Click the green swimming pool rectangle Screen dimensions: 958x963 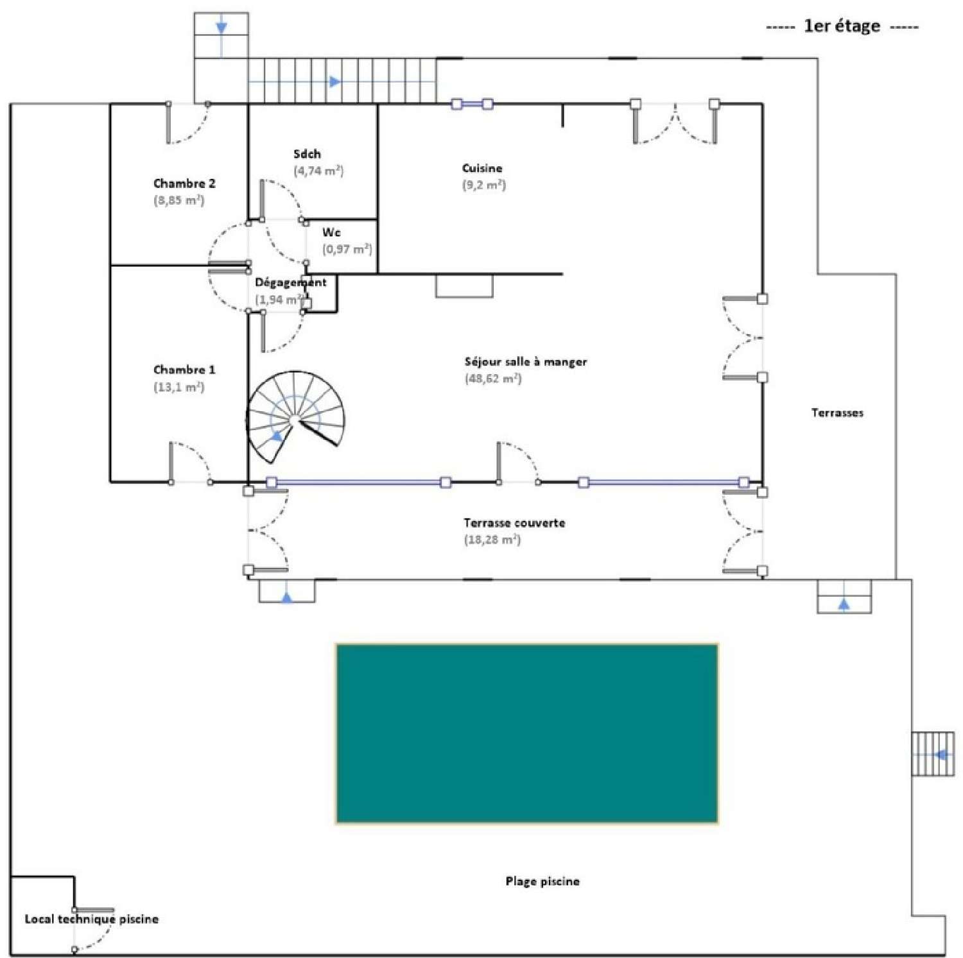point(526,733)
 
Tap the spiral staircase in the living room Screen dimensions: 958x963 point(295,418)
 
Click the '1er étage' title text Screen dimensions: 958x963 point(842,26)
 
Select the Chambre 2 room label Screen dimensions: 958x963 point(184,184)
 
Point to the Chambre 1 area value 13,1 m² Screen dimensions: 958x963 point(178,387)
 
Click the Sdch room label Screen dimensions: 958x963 point(307,154)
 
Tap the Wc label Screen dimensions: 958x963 point(331,232)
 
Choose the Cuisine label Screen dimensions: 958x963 point(482,168)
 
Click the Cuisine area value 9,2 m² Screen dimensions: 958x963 point(484,185)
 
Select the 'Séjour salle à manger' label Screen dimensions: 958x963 point(525,362)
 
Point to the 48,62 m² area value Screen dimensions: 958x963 point(493,379)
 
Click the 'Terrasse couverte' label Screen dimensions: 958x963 point(514,523)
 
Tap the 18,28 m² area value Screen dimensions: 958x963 point(492,540)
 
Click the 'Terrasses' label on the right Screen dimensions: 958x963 point(837,413)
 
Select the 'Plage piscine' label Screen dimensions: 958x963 point(542,881)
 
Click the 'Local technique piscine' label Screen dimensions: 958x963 point(91,919)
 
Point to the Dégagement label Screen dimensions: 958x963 point(290,282)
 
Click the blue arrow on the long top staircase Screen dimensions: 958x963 point(334,81)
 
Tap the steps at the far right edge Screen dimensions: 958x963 point(932,754)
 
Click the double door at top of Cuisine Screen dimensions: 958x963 point(675,122)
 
